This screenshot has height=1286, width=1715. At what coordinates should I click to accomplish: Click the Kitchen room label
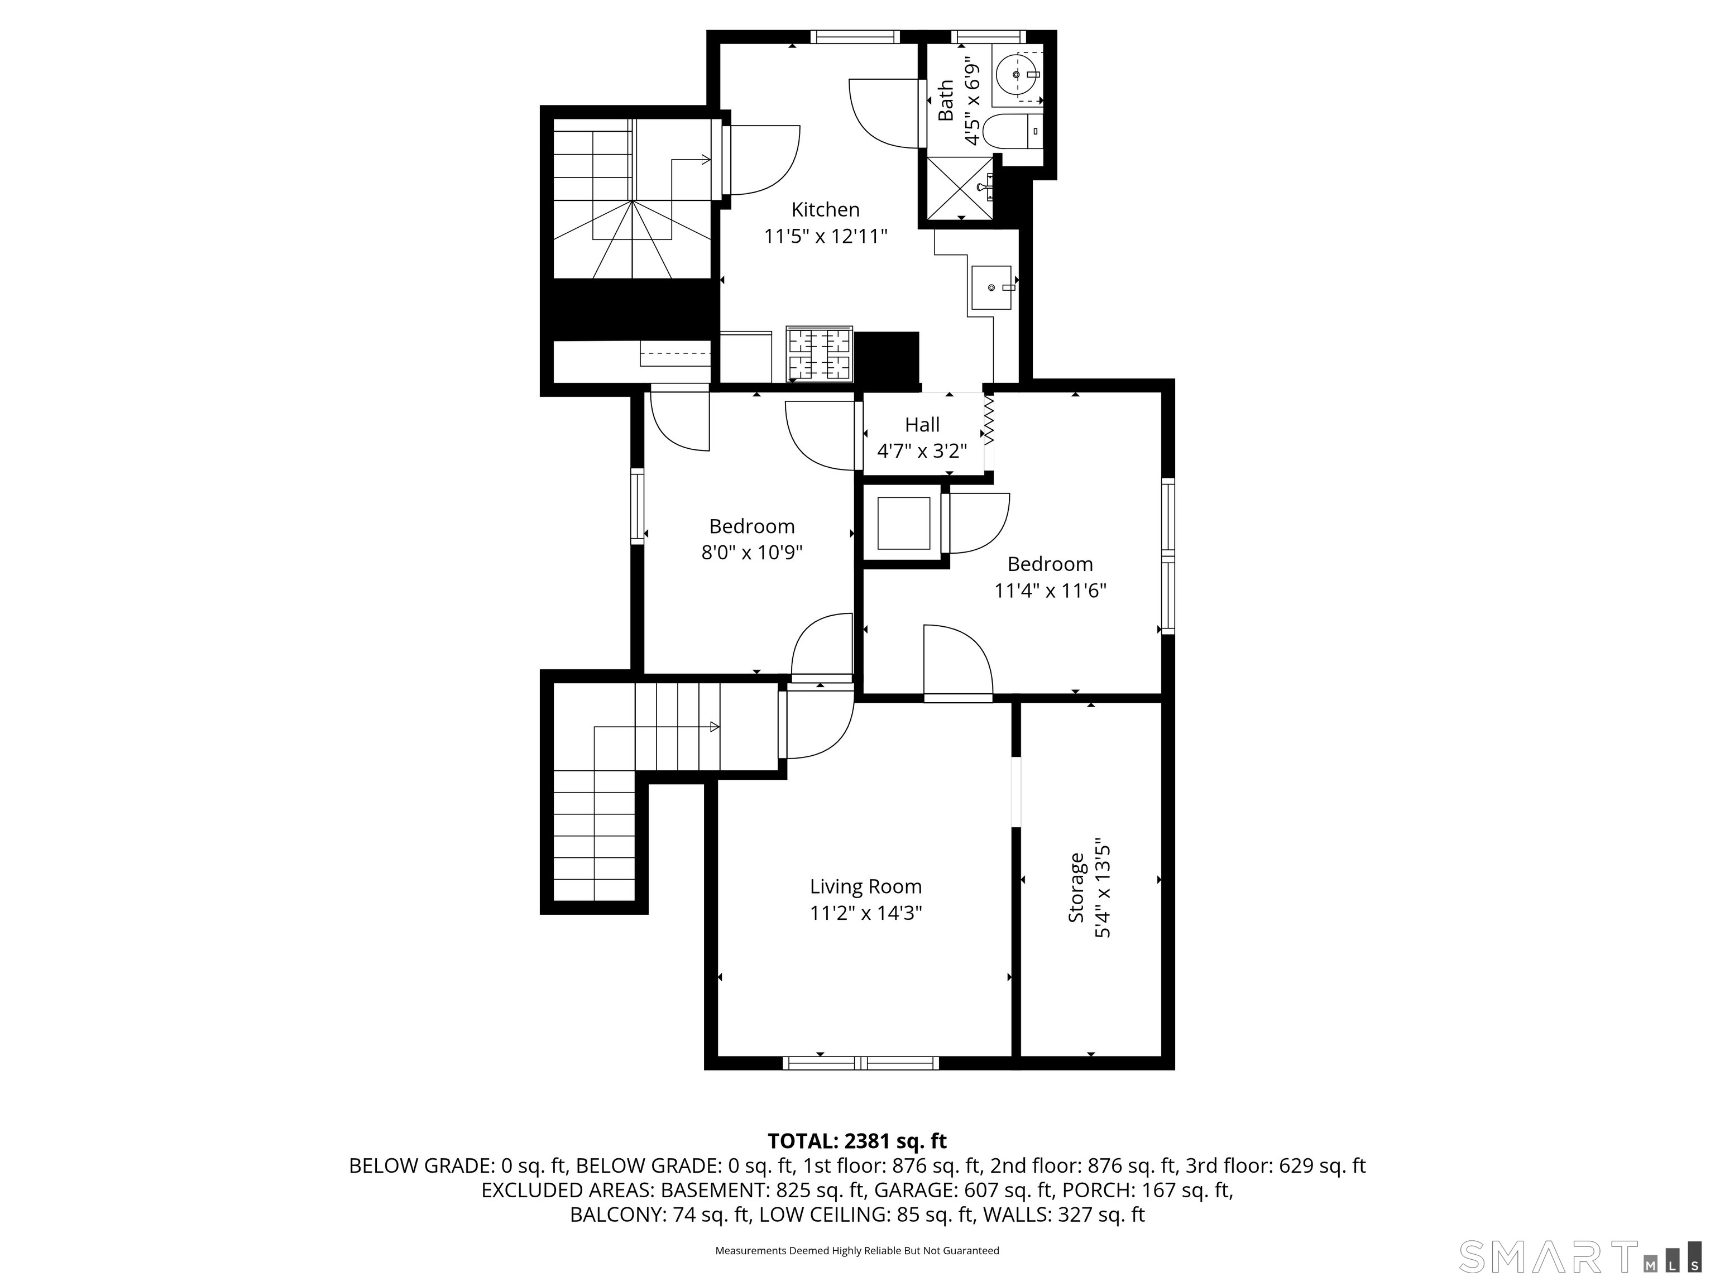(x=825, y=209)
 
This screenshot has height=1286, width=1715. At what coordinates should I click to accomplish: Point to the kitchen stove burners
(x=820, y=353)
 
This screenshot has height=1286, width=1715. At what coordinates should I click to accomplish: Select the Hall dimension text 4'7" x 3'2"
(x=922, y=450)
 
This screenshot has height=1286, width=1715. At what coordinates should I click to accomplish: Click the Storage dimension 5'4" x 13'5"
(x=1103, y=891)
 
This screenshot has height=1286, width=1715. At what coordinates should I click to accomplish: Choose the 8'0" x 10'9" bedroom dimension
(x=751, y=553)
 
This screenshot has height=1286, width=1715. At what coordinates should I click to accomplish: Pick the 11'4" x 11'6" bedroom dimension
(x=1050, y=591)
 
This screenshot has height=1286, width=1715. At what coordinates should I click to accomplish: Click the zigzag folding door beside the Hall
(x=989, y=419)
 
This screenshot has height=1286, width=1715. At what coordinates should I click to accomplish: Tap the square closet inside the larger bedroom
(x=903, y=523)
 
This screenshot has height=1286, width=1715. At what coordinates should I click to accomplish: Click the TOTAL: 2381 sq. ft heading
(x=857, y=1141)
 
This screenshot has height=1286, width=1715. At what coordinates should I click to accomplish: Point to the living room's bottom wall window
(x=861, y=1063)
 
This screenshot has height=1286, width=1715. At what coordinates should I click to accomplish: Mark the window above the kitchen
(x=855, y=36)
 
